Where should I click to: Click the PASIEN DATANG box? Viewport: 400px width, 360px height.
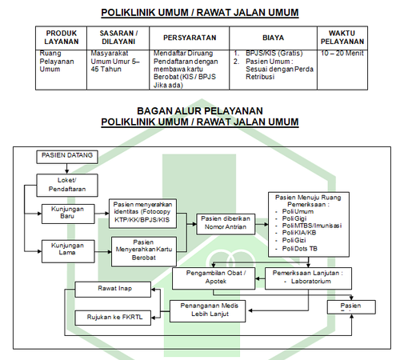(67, 157)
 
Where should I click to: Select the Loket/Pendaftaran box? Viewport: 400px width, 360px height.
(67, 186)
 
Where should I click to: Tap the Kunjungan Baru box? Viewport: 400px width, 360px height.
(68, 214)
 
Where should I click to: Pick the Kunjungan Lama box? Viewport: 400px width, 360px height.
(68, 251)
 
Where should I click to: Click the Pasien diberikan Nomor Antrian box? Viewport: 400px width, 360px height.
(226, 224)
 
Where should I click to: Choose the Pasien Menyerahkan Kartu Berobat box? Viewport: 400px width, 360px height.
(144, 252)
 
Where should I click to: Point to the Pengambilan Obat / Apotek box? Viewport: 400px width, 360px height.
(214, 278)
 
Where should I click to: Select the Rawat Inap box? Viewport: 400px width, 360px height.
(113, 290)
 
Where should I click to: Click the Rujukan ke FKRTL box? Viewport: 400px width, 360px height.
(113, 318)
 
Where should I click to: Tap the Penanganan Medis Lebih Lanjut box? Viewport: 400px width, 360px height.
(207, 311)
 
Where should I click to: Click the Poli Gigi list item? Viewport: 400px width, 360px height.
(294, 218)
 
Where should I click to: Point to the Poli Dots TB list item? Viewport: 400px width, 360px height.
(300, 249)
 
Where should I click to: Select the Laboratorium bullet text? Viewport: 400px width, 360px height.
(311, 281)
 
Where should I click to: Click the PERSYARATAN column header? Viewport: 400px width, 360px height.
(190, 38)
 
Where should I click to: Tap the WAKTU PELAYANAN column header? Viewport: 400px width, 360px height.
(342, 38)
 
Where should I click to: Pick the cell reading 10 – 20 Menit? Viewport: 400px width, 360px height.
(342, 53)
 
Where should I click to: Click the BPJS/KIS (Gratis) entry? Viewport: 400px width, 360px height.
(274, 53)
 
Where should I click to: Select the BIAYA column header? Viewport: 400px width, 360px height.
(273, 38)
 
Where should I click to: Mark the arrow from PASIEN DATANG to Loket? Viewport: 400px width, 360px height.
(66, 169)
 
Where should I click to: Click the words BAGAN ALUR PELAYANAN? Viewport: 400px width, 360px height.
(200, 110)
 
